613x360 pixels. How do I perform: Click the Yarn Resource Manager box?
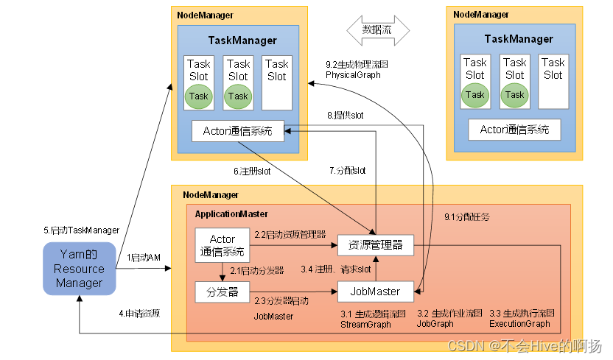[x=79, y=269]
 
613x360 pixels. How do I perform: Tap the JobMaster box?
[x=375, y=292]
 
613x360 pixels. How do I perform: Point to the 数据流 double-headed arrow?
[x=376, y=30]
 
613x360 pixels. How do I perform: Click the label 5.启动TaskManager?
[x=81, y=230]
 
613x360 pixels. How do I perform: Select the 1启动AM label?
[x=144, y=258]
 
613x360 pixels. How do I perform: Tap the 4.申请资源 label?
[x=140, y=313]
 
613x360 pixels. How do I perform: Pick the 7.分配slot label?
[x=347, y=171]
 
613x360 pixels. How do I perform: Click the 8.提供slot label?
[x=346, y=116]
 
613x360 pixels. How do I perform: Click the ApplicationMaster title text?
[x=231, y=213]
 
